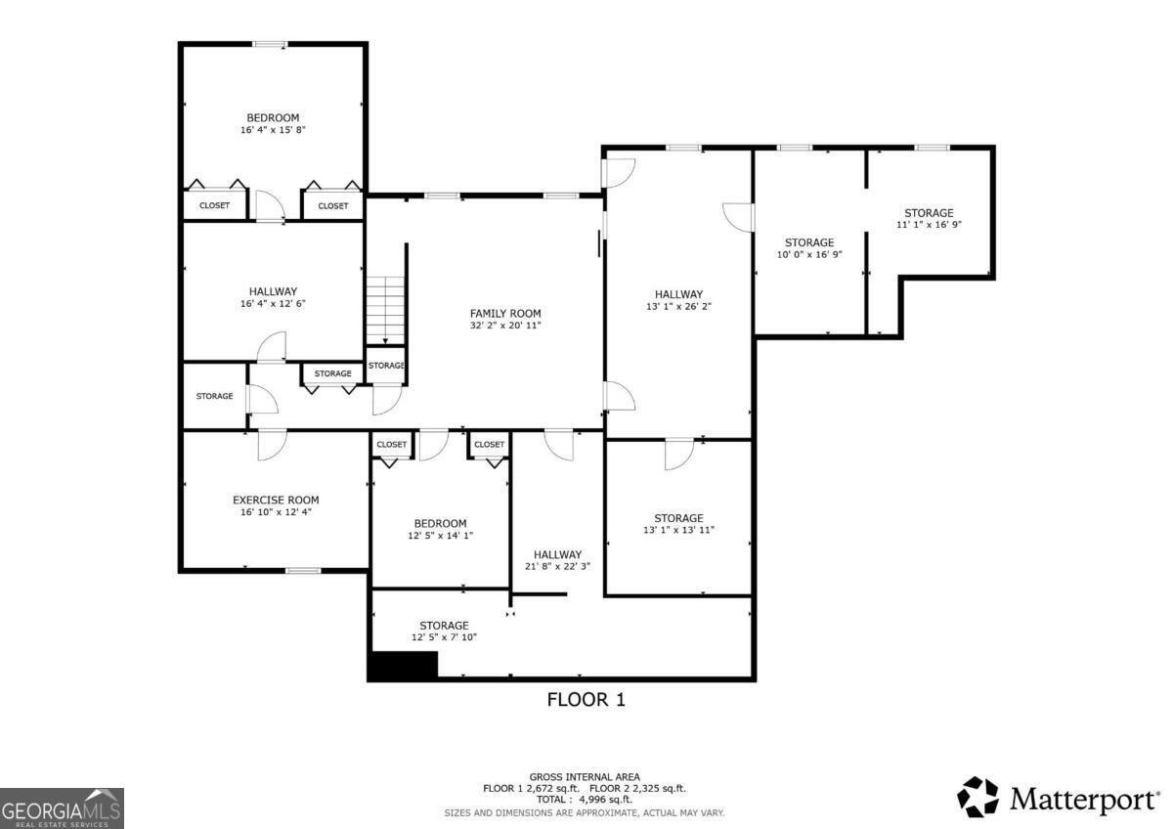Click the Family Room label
point(504,314)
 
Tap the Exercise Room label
point(276,500)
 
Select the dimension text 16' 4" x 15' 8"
point(273,130)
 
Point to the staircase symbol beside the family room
point(385,309)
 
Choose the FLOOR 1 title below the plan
point(585,700)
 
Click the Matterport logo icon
point(977,797)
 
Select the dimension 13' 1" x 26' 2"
point(678,306)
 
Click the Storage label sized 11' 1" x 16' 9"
point(928,213)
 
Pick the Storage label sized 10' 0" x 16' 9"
point(809,242)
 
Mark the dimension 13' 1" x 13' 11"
point(678,530)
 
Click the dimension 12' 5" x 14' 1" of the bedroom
point(439,535)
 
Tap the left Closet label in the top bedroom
point(214,206)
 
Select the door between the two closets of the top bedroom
point(269,205)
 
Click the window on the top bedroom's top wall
point(270,44)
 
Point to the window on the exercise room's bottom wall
point(303,570)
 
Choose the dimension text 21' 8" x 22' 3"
point(557,566)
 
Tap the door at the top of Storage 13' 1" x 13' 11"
point(678,454)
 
